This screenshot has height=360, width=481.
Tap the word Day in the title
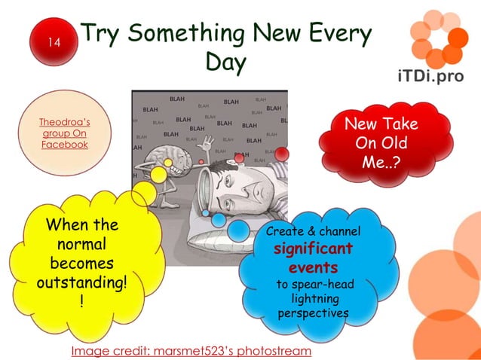[225, 63]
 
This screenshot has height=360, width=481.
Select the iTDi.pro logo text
[430, 76]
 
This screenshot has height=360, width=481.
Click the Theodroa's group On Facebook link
[65, 133]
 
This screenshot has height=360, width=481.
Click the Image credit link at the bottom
[191, 351]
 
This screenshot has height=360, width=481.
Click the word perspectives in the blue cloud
[313, 313]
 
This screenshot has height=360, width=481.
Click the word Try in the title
[103, 34]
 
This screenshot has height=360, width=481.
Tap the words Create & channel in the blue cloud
[313, 230]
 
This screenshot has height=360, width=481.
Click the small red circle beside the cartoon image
[281, 154]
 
